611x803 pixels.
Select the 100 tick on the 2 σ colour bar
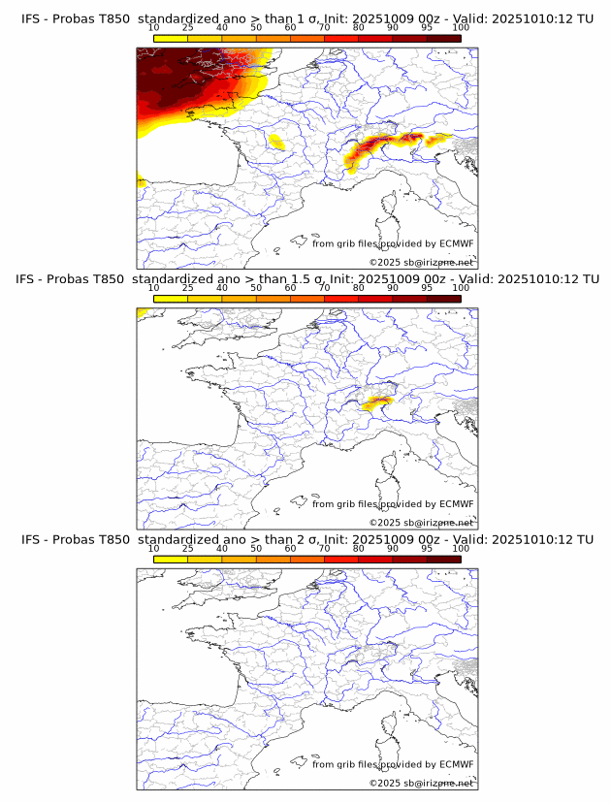[x=461, y=549]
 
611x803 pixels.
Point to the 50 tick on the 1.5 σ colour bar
[x=256, y=288]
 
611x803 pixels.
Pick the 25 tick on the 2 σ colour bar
[x=187, y=549]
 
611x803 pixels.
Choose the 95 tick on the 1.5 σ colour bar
[x=427, y=288]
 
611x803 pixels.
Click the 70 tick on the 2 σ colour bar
[x=324, y=549]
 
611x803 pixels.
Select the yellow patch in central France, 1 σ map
[x=276, y=143]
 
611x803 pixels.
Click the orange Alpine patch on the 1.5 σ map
[x=375, y=401]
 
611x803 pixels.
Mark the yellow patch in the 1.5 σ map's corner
[x=142, y=312]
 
